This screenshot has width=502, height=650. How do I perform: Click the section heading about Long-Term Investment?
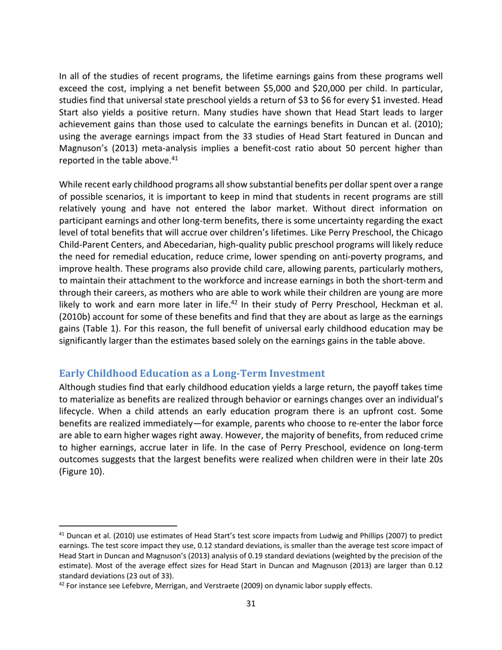coord(192,374)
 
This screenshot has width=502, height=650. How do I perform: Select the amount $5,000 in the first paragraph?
coord(298,88)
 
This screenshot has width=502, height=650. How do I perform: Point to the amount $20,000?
coord(348,88)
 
